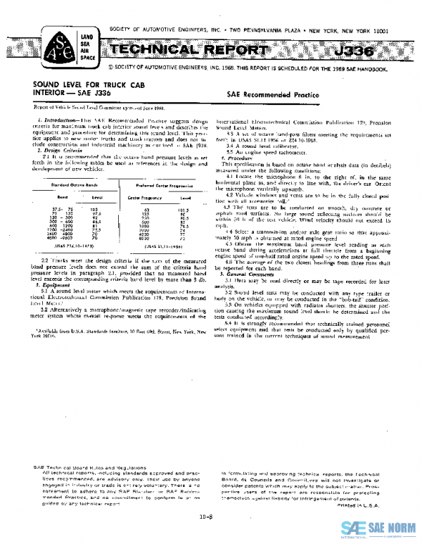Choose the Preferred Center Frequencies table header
tap(169, 186)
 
